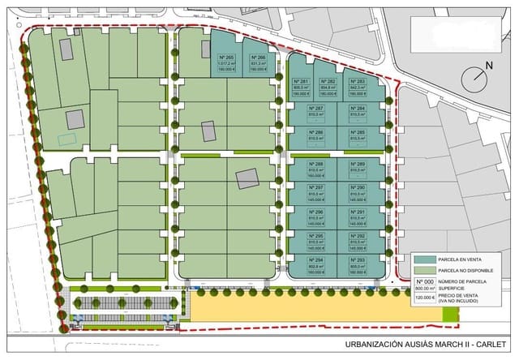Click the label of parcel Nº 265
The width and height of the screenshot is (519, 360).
tap(226, 58)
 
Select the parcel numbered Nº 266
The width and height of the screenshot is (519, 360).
tap(258, 58)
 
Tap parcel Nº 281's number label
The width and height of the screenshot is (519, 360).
tap(301, 83)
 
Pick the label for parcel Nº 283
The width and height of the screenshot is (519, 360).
tap(357, 83)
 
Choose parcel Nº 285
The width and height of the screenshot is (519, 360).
tap(358, 132)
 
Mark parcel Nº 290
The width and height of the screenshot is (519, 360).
tap(358, 188)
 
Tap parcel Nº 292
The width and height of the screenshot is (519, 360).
tap(358, 237)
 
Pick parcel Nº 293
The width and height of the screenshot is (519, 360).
tap(358, 260)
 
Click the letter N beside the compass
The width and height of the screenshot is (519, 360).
tap(489, 65)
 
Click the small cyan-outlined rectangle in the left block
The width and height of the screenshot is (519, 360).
tap(67, 139)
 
